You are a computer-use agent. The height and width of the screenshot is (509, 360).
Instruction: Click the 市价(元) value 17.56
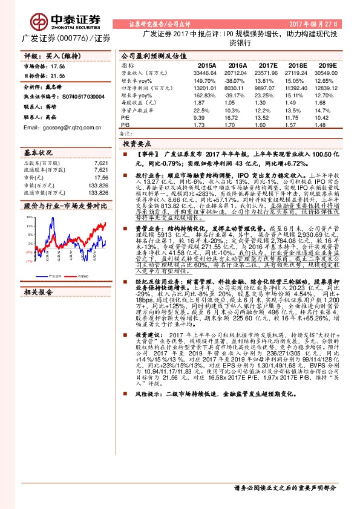click(x=100, y=178)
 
